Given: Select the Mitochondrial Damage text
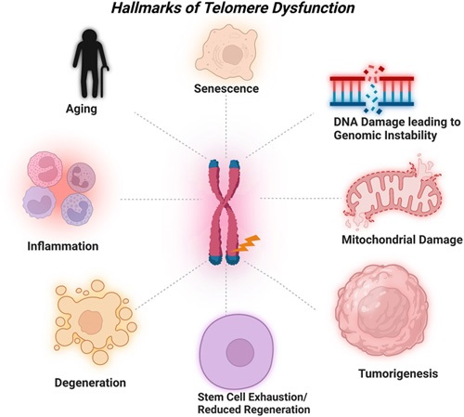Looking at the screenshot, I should (x=400, y=241).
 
